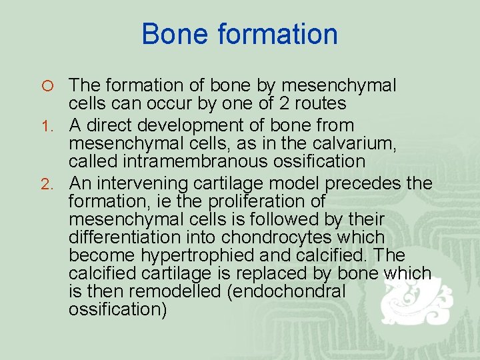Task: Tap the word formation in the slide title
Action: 274,34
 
